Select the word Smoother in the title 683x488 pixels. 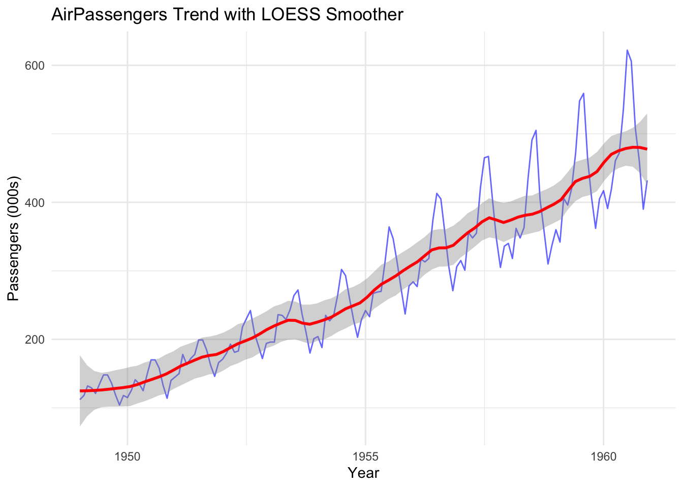click(x=364, y=15)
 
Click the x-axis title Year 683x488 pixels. click(x=363, y=473)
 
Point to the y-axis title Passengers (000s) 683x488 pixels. click(x=14, y=239)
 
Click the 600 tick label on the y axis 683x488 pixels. click(x=35, y=66)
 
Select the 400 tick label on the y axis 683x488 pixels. click(x=35, y=202)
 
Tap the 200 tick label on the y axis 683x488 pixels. click(x=35, y=339)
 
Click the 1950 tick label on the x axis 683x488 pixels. click(x=128, y=456)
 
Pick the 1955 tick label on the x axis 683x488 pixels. click(x=365, y=456)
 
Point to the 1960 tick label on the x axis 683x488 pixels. click(x=603, y=456)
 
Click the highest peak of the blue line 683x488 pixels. click(x=627, y=50)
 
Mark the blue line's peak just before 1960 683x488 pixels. click(x=583, y=94)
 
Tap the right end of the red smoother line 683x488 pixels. click(x=646, y=149)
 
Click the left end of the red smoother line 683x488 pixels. click(x=80, y=391)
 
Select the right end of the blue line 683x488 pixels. click(x=647, y=180)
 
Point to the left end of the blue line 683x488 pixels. click(x=80, y=399)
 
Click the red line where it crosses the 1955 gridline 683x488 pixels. click(x=365, y=299)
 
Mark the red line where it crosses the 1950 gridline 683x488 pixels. click(x=128, y=387)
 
